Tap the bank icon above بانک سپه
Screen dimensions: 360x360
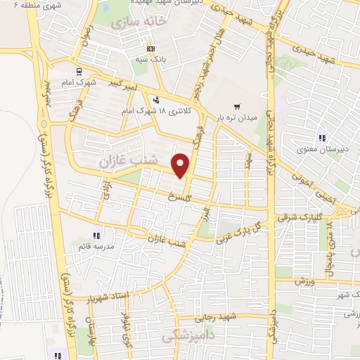pos(151,49)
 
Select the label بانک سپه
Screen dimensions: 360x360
pos(152,60)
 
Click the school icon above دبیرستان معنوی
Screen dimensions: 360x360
pos(322,138)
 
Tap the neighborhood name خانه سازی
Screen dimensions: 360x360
pos(141,21)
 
